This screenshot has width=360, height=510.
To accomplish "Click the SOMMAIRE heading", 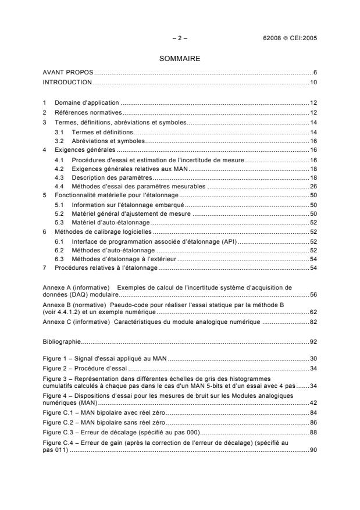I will (180, 58).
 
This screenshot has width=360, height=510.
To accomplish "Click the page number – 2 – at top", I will (180, 38).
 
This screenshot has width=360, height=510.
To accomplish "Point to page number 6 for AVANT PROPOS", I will (314, 72).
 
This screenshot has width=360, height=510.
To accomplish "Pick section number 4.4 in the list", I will (59, 187).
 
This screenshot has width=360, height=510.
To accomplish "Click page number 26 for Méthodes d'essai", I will (312, 187).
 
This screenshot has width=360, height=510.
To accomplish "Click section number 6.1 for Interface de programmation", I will (59, 241).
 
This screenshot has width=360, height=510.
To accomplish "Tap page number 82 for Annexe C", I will (312, 321).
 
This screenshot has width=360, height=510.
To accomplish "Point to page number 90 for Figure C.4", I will (312, 449).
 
